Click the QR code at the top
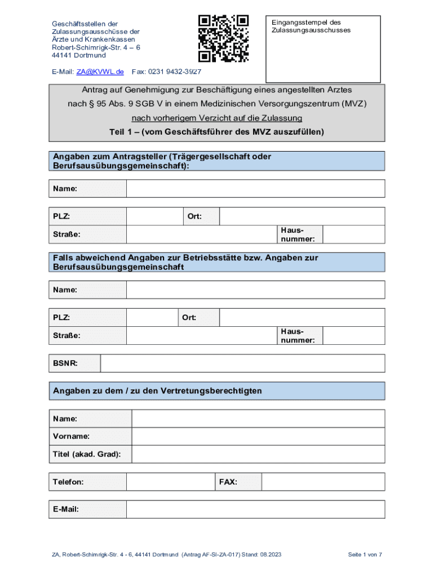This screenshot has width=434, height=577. click(x=223, y=38)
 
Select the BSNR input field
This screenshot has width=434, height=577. click(x=242, y=363)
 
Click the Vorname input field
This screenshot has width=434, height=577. click(x=258, y=436)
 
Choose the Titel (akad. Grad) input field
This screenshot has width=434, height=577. click(x=258, y=454)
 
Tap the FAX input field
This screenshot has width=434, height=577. click(x=323, y=482)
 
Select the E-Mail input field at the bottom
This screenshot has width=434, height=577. click(x=255, y=509)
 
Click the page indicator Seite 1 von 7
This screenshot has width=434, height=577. click(x=365, y=555)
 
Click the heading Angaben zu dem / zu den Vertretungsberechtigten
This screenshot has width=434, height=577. click(x=157, y=390)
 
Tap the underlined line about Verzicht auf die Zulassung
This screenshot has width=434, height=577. click(x=217, y=118)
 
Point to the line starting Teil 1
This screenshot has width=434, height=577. click(x=217, y=132)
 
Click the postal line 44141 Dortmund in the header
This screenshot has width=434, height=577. click(x=79, y=56)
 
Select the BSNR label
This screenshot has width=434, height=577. click(x=65, y=363)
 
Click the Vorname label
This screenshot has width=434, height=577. click(x=71, y=436)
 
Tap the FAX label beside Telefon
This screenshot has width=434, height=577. click(x=228, y=482)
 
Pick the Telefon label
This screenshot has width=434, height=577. click(x=68, y=482)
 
